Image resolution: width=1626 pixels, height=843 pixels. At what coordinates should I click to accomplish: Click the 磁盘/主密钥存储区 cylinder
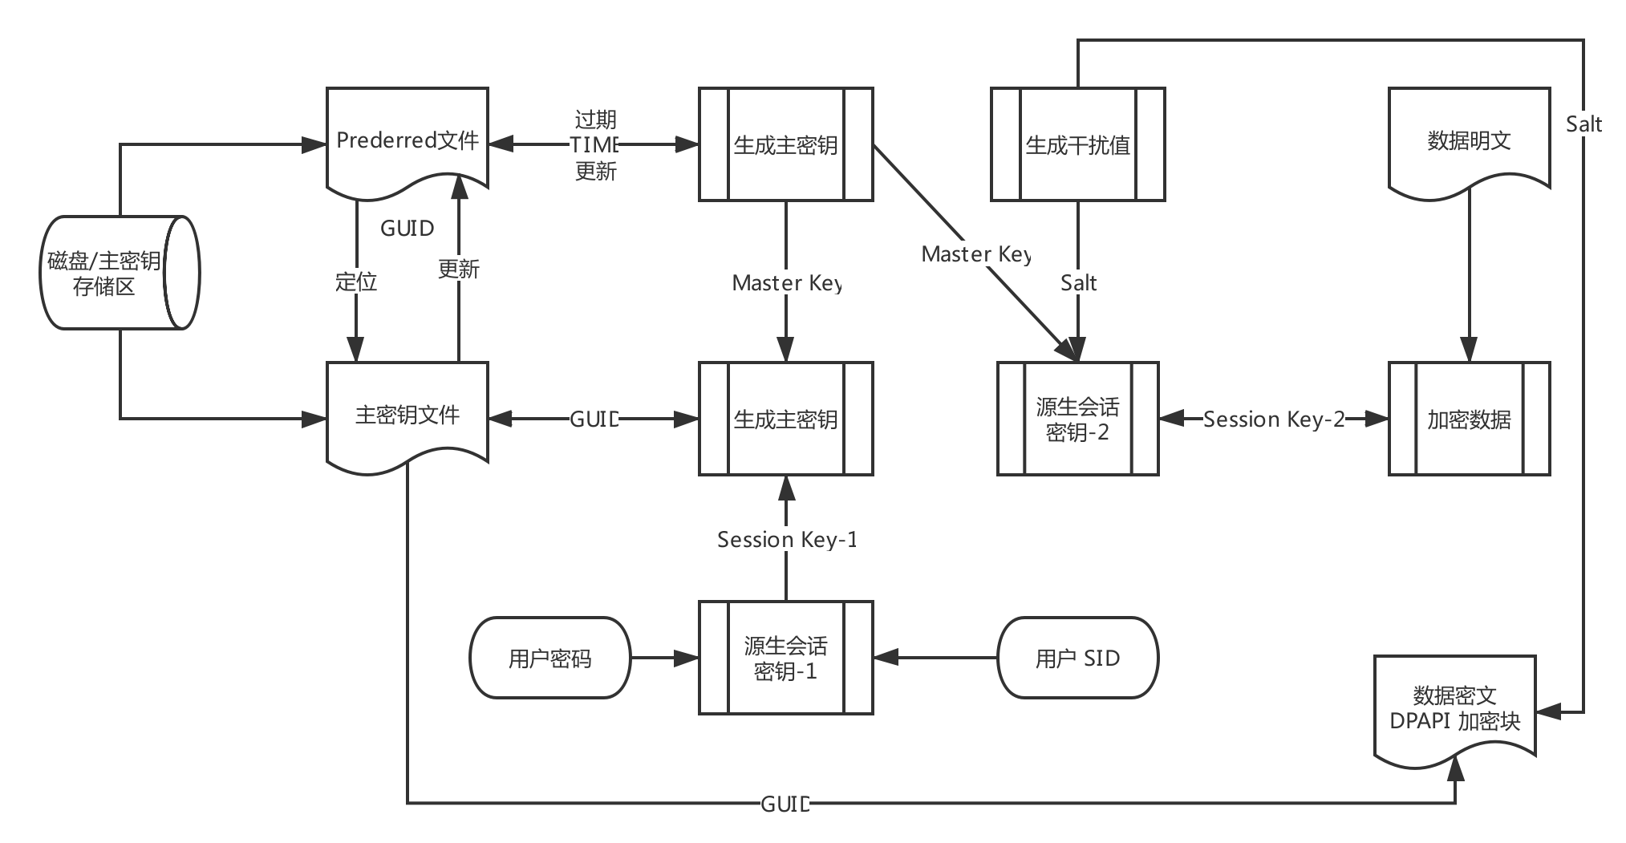tap(119, 273)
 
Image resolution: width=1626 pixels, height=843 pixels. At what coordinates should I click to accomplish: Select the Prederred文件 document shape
tap(408, 141)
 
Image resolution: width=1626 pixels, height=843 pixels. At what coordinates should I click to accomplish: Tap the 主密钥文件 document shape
tap(408, 415)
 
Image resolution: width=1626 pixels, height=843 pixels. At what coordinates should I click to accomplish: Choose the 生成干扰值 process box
tap(1077, 144)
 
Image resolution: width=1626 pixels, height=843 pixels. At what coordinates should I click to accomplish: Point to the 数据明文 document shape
tap(1469, 141)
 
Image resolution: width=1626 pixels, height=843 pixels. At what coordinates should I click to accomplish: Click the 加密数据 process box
tap(1469, 419)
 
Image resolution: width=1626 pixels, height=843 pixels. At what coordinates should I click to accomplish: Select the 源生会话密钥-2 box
tap(1077, 419)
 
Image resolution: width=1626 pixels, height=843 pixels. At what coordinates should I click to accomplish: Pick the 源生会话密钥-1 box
tap(785, 658)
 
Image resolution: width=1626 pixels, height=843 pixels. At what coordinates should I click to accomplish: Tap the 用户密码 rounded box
tap(549, 658)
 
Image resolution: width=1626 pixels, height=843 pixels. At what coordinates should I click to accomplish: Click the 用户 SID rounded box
tap(1077, 658)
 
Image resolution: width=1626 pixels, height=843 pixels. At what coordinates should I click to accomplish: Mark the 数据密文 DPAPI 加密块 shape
tap(1454, 707)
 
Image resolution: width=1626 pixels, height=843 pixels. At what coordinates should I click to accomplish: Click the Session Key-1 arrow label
tap(786, 540)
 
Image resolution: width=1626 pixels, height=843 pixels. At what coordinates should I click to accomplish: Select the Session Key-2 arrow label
tap(1273, 419)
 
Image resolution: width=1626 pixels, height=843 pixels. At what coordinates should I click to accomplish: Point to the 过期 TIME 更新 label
tap(595, 145)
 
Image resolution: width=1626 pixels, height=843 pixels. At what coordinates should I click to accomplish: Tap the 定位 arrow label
tap(356, 282)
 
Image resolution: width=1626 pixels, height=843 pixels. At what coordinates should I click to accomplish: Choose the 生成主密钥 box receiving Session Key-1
tap(785, 419)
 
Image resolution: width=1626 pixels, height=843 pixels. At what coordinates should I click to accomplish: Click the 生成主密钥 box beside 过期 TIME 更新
tap(785, 144)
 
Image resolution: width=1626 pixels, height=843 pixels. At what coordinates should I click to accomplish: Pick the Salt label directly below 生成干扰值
tap(1078, 282)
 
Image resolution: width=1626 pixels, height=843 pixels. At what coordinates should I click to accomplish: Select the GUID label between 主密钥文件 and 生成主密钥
tap(594, 419)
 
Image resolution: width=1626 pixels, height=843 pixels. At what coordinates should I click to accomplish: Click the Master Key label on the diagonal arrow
tap(975, 254)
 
